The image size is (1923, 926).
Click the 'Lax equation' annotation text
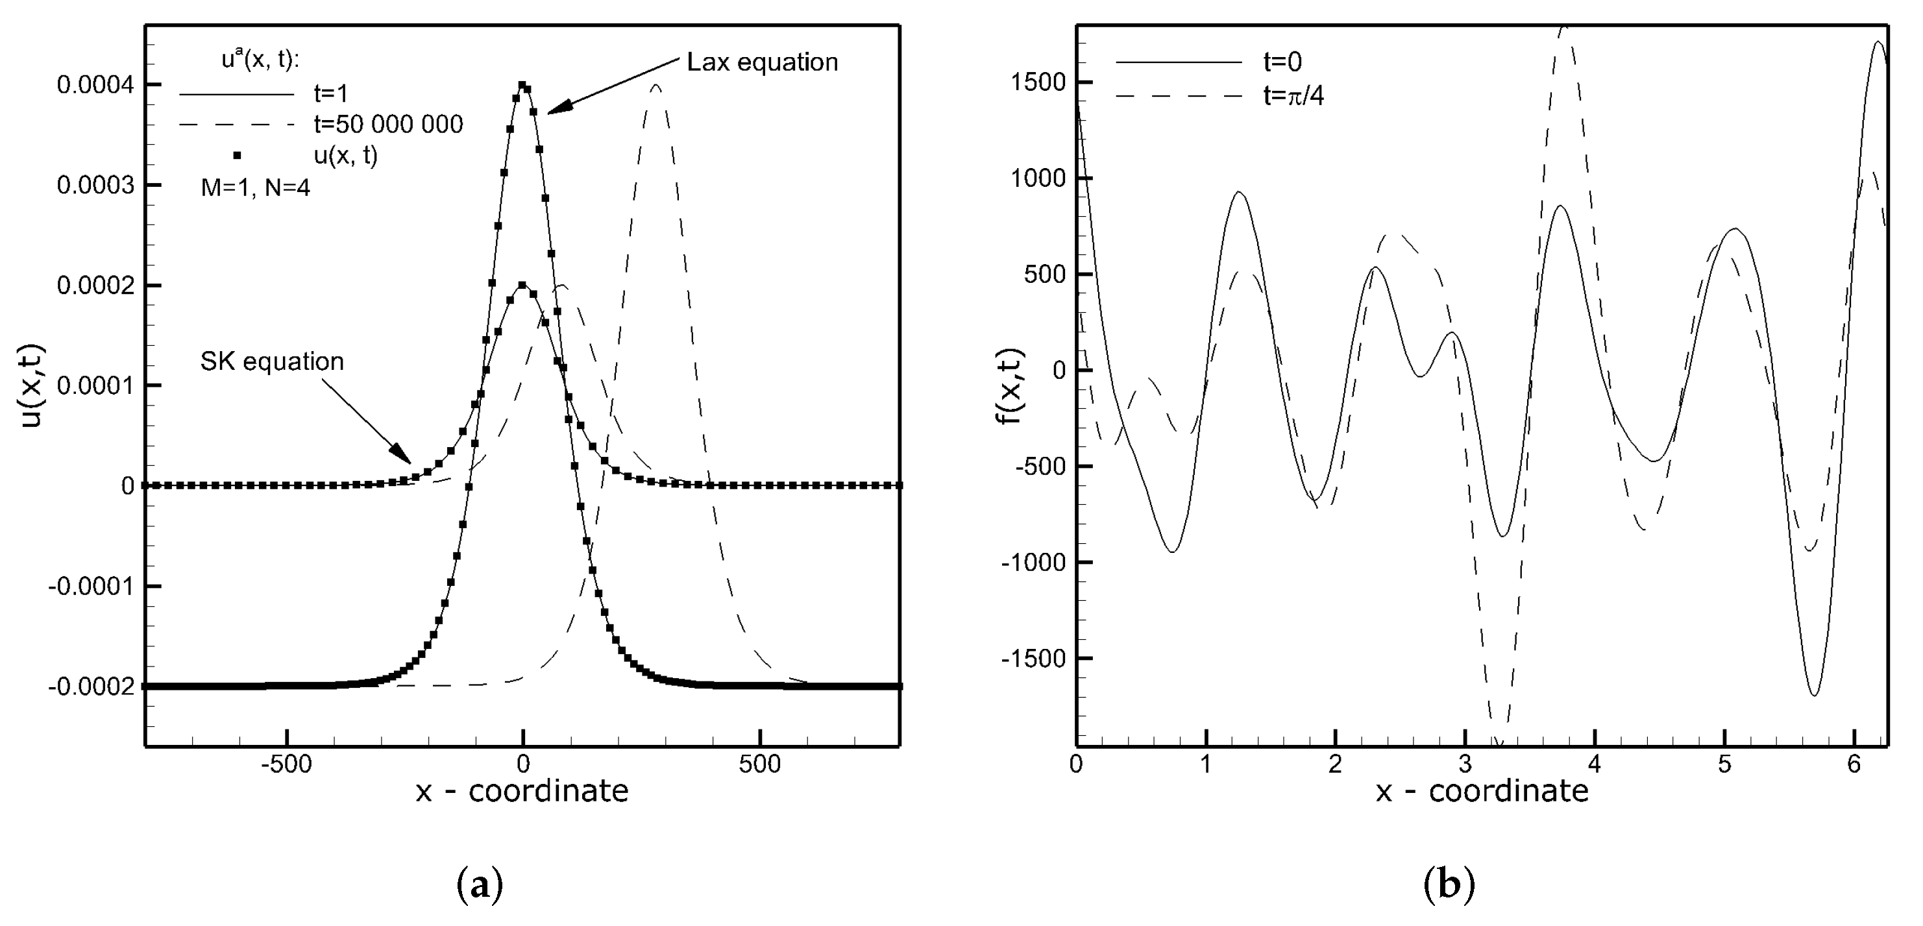(x=762, y=62)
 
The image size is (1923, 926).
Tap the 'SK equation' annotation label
(x=272, y=361)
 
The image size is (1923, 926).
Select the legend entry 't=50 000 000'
(x=388, y=124)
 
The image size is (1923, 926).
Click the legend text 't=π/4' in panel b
(x=1293, y=95)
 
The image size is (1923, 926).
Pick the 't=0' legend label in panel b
(x=1282, y=62)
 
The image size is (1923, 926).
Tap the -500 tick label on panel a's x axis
(x=287, y=765)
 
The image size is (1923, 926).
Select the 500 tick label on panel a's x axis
(x=760, y=765)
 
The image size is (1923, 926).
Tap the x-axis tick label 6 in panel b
(x=1854, y=765)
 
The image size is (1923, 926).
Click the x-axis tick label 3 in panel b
(x=1465, y=765)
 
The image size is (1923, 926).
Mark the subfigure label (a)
(x=479, y=886)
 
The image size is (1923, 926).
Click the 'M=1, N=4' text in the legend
(x=255, y=188)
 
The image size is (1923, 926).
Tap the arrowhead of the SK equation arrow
(x=404, y=457)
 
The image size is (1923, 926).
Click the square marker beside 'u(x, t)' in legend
(x=237, y=155)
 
